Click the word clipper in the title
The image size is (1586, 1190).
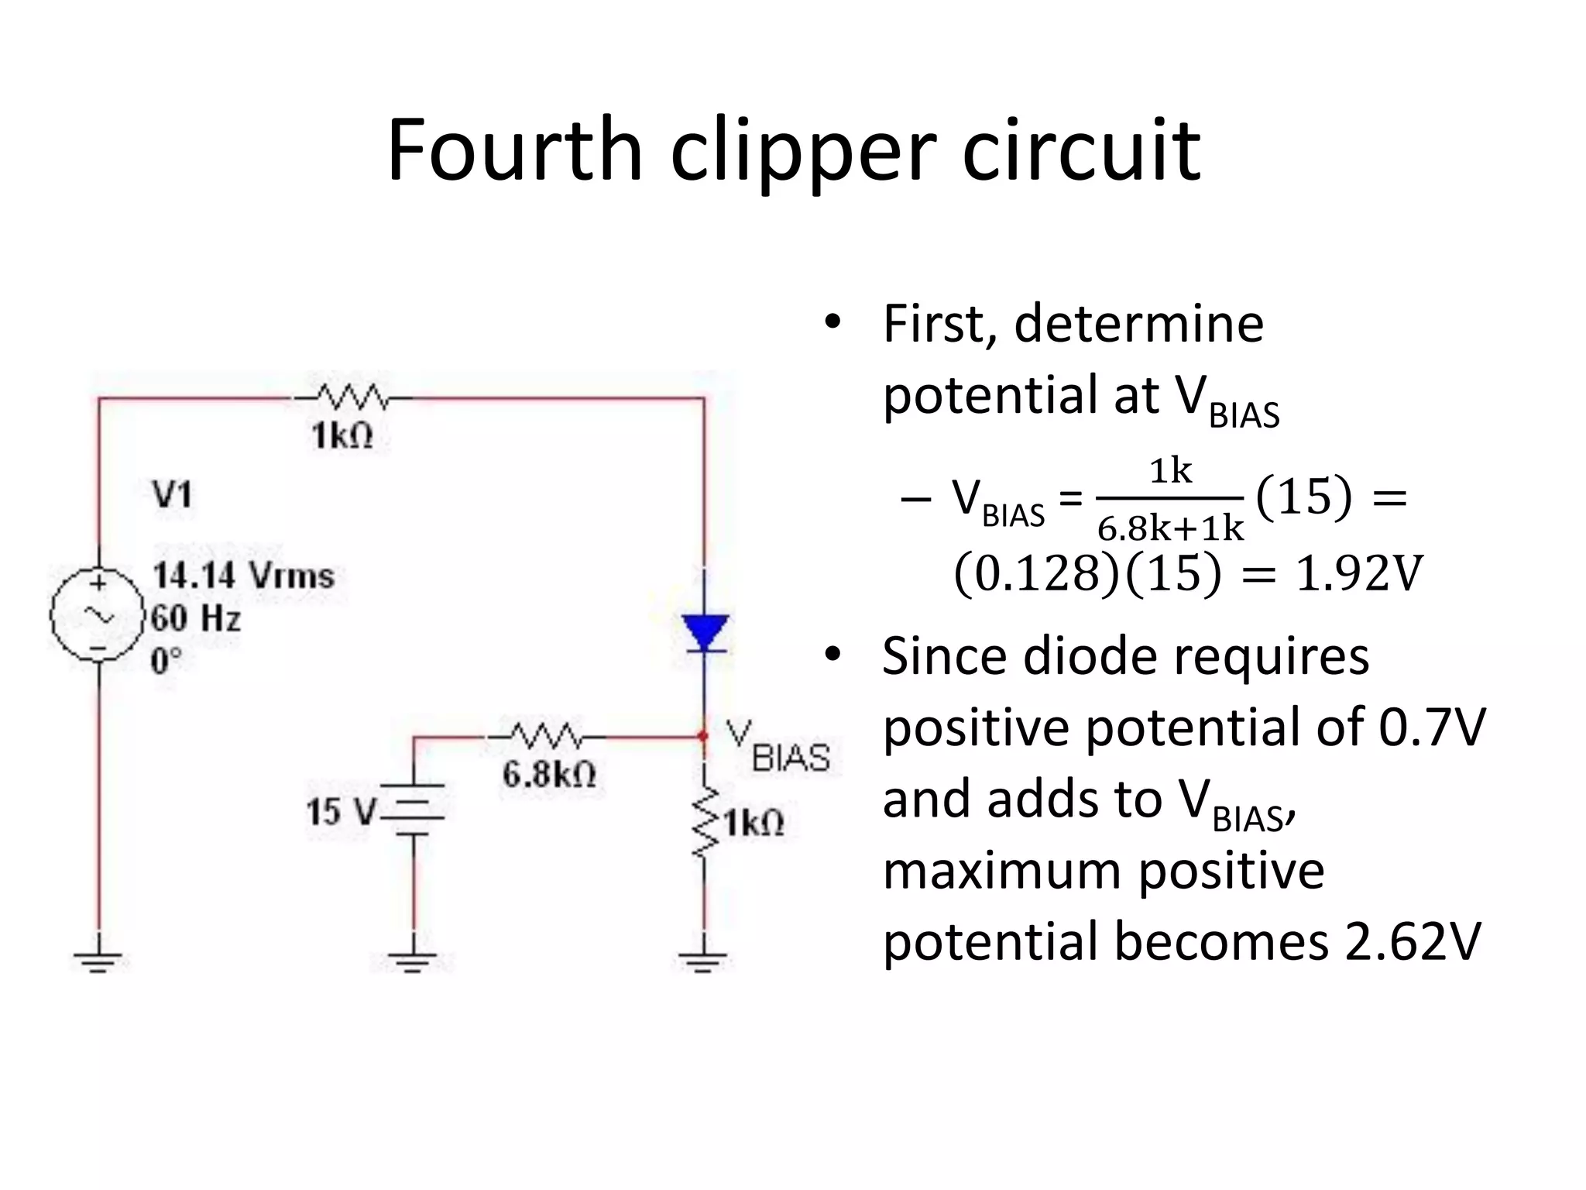(802, 152)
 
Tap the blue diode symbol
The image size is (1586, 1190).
(704, 632)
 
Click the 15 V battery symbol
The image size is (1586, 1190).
(414, 810)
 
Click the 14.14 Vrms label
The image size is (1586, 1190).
(243, 576)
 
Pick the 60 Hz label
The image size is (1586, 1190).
(196, 618)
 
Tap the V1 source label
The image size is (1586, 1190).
(172, 494)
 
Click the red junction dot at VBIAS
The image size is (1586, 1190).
(703, 735)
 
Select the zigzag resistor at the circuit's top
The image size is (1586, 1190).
(352, 398)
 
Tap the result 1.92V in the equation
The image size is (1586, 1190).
(1359, 574)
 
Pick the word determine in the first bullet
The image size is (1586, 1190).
(1138, 323)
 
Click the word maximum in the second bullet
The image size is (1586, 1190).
(1001, 870)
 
